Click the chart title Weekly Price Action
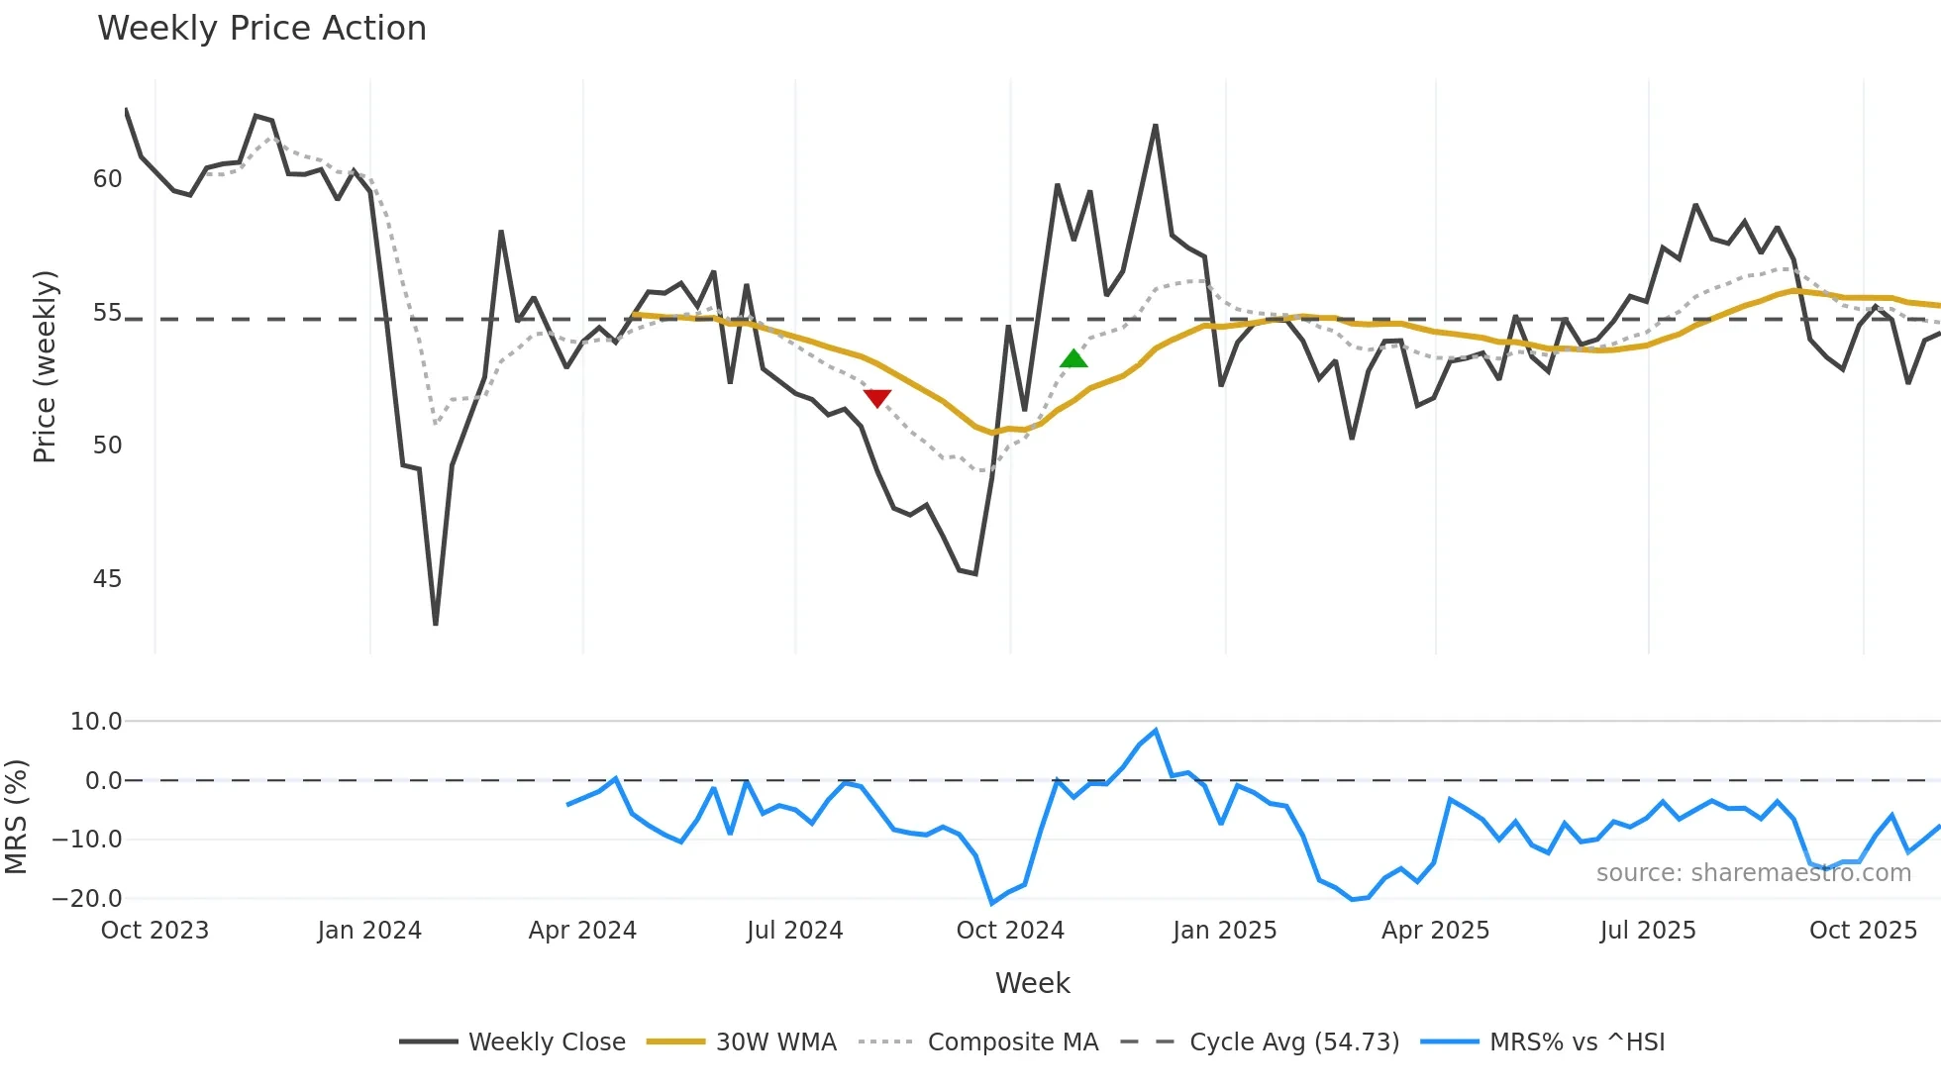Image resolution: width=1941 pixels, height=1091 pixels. (x=261, y=29)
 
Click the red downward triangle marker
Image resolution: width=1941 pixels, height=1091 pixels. (x=877, y=397)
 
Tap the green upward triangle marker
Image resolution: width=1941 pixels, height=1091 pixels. (x=1073, y=358)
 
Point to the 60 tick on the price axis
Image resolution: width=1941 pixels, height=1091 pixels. (x=107, y=179)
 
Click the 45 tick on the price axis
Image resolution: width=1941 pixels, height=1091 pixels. (x=107, y=579)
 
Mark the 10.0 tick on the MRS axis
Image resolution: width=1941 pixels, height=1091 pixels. (x=96, y=722)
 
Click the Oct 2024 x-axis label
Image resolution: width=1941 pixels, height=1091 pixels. (x=1009, y=931)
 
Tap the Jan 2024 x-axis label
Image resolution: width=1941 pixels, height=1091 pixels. (x=369, y=931)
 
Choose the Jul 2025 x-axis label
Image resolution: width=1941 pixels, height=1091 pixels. (x=1648, y=931)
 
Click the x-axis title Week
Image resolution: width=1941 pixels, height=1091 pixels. (x=1032, y=983)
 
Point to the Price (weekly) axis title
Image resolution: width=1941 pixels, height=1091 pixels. (x=45, y=366)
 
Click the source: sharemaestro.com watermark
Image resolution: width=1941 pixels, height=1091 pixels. (x=1753, y=873)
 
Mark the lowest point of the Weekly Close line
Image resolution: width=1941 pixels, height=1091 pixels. (x=436, y=624)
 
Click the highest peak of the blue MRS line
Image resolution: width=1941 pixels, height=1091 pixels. (x=1156, y=731)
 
